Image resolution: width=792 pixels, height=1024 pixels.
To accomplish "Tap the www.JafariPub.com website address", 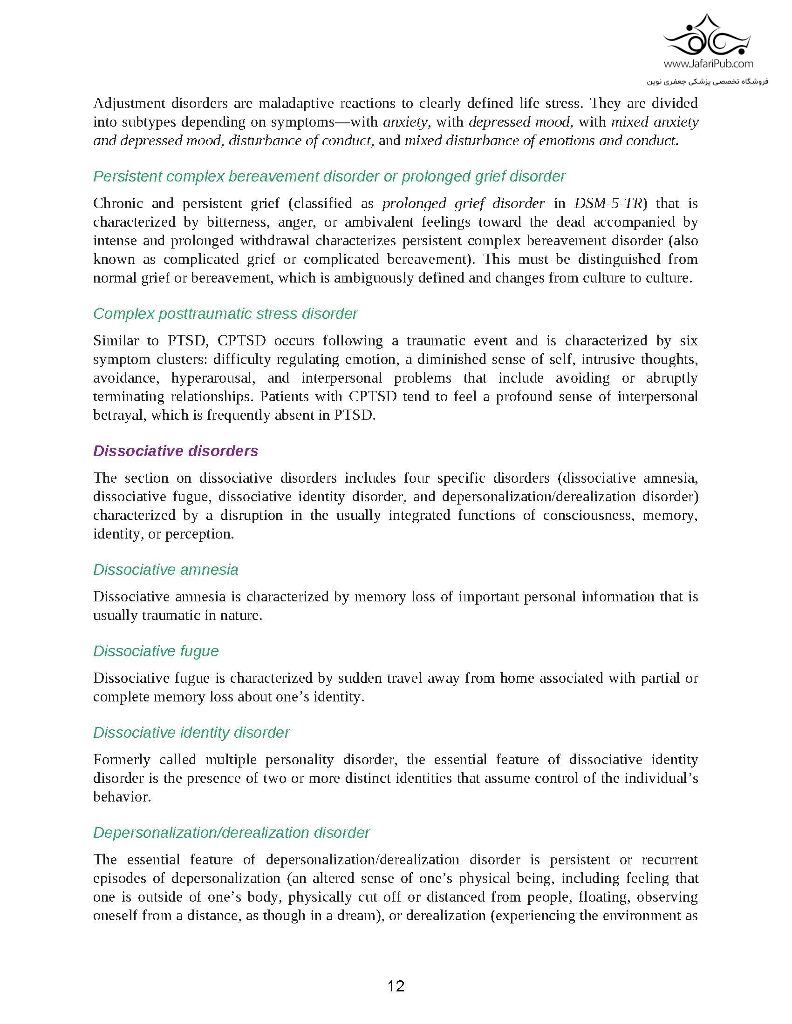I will coord(709,64).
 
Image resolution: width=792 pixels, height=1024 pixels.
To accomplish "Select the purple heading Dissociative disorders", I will coord(176,451).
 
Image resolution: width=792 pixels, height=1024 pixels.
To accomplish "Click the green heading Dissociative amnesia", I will coord(166,569).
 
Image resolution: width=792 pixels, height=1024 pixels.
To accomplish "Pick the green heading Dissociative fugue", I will coord(156,651).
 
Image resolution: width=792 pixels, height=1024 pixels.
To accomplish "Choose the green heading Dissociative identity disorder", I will coord(191,732).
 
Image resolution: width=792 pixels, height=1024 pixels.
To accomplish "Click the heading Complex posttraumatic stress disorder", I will coord(225,313).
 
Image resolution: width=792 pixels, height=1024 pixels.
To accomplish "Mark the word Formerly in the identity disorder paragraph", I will coord(121,760).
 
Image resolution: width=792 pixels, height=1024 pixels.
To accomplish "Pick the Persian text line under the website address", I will coord(708,81).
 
